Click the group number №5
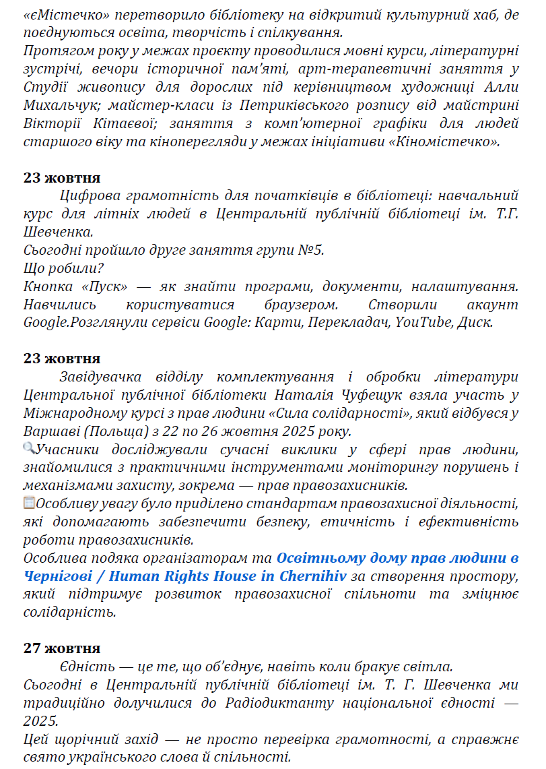click(312, 251)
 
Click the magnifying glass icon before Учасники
click(29, 448)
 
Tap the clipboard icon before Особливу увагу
click(29, 502)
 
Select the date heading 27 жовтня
click(62, 648)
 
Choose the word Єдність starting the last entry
click(86, 667)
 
